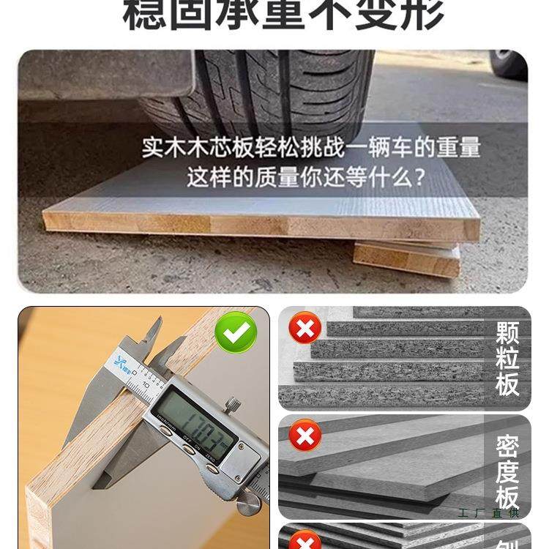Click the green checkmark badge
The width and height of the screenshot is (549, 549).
point(236,332)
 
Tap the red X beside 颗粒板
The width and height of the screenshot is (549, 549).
point(305,328)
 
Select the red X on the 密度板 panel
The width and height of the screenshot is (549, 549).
point(305,437)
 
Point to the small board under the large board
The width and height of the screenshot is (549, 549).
point(406,258)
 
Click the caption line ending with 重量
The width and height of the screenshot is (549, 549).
point(311,148)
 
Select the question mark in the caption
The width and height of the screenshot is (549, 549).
point(419,177)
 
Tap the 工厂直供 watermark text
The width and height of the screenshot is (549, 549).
point(488,513)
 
